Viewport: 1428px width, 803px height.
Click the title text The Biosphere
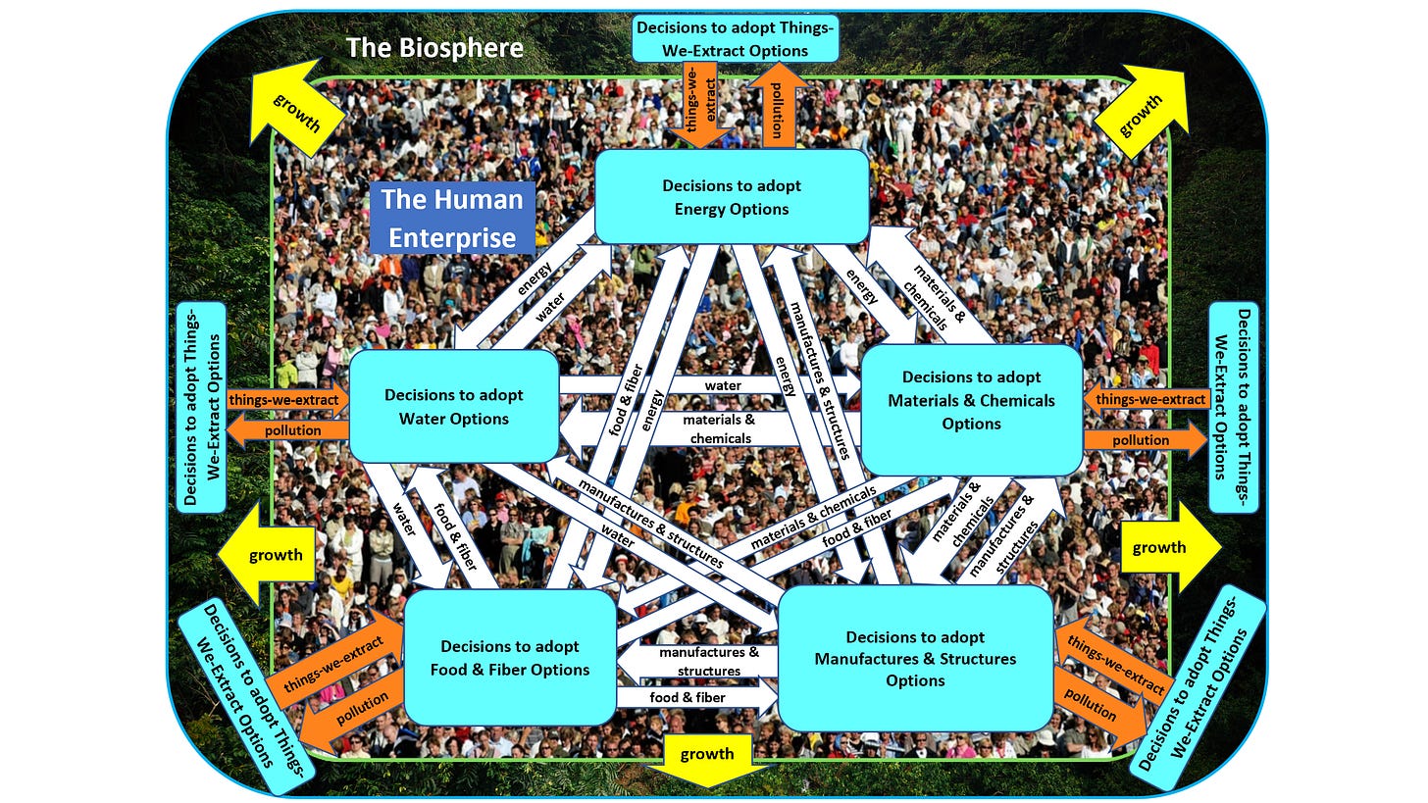[x=434, y=48]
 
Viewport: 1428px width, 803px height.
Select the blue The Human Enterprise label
[x=452, y=218]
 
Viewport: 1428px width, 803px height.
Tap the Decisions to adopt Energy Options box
[x=732, y=196]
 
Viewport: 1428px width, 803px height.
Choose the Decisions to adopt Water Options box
[x=453, y=406]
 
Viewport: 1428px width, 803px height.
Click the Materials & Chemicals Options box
[x=971, y=400]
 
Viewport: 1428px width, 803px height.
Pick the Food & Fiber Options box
[x=510, y=658]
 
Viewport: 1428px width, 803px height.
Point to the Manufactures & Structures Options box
[x=915, y=659]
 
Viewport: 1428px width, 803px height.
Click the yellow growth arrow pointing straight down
[x=707, y=758]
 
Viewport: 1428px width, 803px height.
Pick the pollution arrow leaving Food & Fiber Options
[x=354, y=714]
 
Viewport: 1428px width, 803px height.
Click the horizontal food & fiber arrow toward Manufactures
[x=692, y=698]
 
